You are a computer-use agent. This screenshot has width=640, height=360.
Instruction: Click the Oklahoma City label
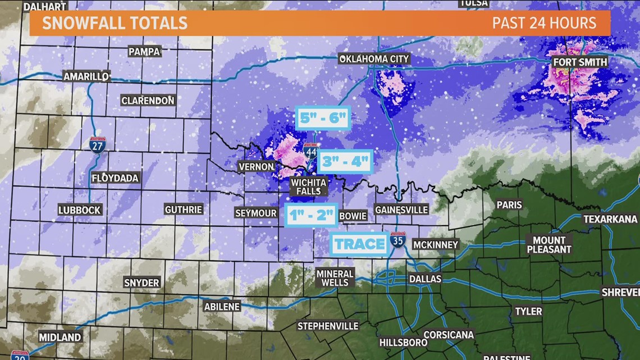(x=374, y=59)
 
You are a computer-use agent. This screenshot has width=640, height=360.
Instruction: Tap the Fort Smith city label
(x=580, y=62)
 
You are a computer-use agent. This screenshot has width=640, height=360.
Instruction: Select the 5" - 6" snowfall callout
(x=323, y=118)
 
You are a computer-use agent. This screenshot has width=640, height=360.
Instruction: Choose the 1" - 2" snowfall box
(x=312, y=215)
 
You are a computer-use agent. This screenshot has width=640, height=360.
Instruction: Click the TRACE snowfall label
(x=359, y=244)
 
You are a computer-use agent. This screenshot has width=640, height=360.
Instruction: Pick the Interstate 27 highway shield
(x=97, y=145)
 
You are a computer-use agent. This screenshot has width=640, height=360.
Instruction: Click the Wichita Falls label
(x=308, y=186)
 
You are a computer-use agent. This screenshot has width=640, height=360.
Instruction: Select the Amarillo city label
(x=86, y=76)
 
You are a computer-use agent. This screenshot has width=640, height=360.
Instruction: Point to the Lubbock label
(x=80, y=210)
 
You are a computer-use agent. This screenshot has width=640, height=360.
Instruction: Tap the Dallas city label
(x=425, y=279)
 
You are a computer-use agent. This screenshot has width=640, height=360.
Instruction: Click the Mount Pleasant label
(x=548, y=245)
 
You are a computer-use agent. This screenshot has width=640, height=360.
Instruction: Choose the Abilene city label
(x=222, y=307)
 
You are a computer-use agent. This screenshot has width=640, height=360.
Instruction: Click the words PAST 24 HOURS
(x=544, y=23)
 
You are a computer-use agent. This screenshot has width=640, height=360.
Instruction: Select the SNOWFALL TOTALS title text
(x=115, y=23)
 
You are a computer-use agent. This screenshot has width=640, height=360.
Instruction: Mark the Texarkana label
(x=610, y=219)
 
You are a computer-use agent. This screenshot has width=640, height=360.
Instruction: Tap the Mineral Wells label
(x=335, y=278)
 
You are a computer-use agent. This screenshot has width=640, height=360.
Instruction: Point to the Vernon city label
(x=257, y=167)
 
